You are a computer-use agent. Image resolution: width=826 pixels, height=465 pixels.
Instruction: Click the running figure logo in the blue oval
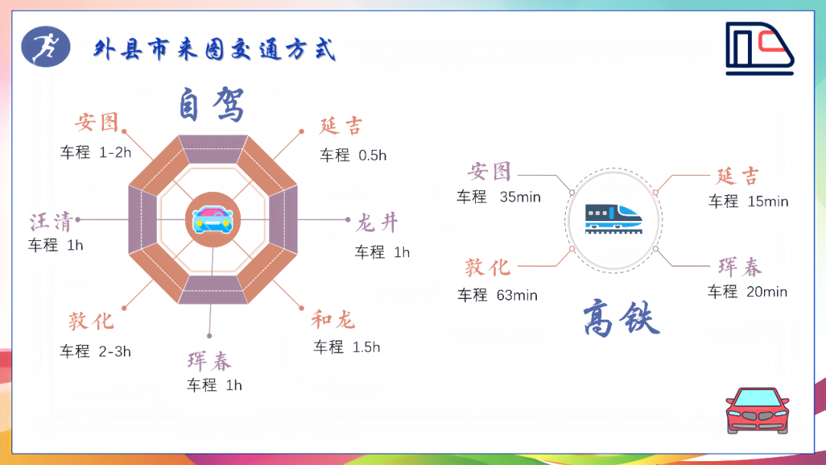tap(46, 47)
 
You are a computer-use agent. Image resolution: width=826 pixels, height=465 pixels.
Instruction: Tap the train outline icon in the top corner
tap(759, 48)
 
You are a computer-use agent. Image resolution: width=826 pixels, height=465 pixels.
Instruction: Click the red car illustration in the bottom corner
tap(757, 411)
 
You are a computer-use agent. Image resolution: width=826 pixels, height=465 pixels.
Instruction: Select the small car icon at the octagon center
tap(213, 219)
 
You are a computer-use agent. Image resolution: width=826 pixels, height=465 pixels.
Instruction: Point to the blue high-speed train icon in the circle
tap(613, 219)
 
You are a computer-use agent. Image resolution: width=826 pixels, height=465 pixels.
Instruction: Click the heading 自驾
tap(211, 104)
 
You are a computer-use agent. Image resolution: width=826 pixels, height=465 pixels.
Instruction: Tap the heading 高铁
tap(621, 317)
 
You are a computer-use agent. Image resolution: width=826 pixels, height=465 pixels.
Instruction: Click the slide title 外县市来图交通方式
tap(214, 50)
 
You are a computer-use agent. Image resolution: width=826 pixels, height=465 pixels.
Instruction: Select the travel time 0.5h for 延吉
tap(372, 155)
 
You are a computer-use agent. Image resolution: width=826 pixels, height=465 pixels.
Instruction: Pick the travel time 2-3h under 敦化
tap(115, 351)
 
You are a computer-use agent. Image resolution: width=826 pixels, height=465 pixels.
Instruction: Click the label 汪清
tap(50, 222)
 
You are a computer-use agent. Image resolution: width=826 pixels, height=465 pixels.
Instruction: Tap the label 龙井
tap(377, 223)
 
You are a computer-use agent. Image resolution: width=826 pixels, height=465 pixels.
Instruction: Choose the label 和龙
tap(333, 320)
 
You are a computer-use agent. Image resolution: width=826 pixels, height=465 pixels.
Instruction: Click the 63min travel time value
tap(517, 295)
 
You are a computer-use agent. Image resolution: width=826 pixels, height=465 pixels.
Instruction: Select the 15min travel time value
tap(768, 201)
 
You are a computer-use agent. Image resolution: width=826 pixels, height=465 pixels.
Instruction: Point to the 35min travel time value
tap(520, 197)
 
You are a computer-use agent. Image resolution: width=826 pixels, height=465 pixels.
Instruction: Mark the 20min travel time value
tap(767, 291)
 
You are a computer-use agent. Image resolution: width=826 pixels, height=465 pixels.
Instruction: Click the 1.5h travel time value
tap(366, 347)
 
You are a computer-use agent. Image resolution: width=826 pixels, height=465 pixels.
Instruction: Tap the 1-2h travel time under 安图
tap(115, 152)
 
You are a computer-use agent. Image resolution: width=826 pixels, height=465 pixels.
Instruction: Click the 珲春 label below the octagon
tap(210, 361)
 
